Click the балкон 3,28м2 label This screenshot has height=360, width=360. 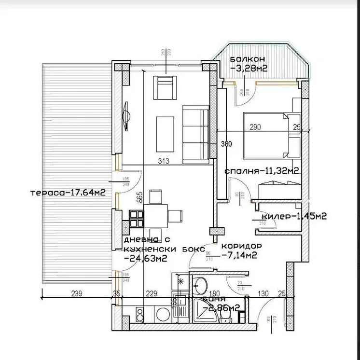(249, 63)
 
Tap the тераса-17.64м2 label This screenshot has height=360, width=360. (68, 192)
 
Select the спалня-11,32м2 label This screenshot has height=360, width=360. (261, 170)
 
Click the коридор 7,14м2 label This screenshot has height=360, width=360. (241, 249)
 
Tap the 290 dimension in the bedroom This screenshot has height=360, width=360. (255, 127)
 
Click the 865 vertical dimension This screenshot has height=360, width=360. (139, 199)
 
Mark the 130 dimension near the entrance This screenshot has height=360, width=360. (263, 292)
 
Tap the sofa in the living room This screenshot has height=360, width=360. (195, 133)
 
